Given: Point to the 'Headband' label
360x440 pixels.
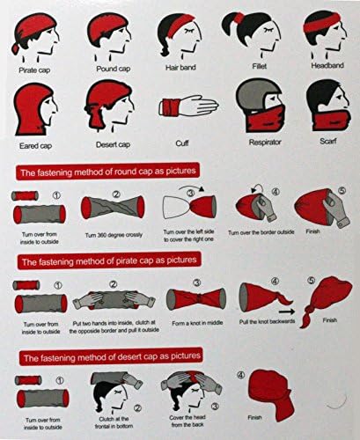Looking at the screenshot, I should [x=321, y=65].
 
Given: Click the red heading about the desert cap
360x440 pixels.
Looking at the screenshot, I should [x=112, y=355].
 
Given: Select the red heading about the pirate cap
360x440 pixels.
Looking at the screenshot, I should [x=112, y=261].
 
